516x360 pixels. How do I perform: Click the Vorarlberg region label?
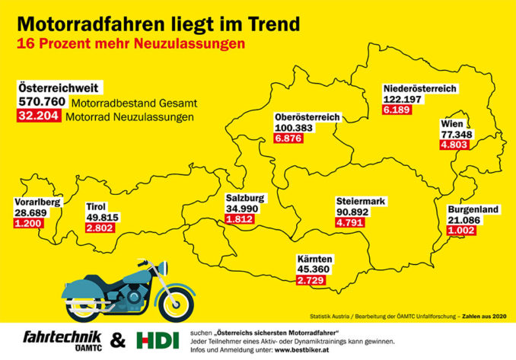click(x=37, y=202)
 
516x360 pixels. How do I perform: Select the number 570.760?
click(x=41, y=102)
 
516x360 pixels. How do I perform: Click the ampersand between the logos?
click(x=119, y=339)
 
